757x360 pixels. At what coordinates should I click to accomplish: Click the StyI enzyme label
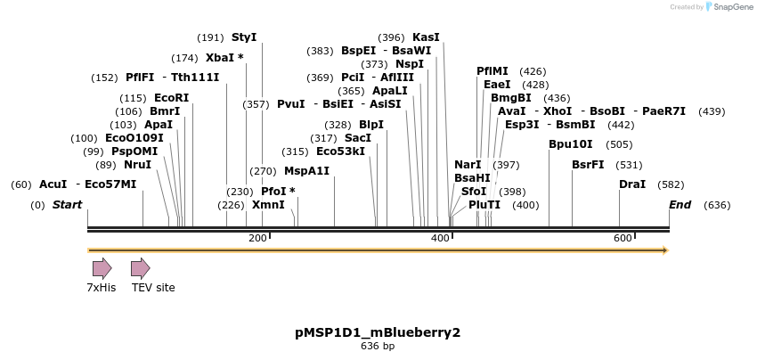pyautogui.click(x=244, y=37)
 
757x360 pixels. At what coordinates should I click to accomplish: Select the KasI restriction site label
pyautogui.click(x=426, y=37)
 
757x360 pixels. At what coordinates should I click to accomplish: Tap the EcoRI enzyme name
pyautogui.click(x=171, y=98)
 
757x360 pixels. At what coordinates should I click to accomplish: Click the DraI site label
pyautogui.click(x=632, y=184)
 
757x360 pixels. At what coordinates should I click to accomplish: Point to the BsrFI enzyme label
pyautogui.click(x=588, y=165)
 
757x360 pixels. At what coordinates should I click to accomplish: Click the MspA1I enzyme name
pyautogui.click(x=306, y=171)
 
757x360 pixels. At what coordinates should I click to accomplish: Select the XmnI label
pyautogui.click(x=268, y=205)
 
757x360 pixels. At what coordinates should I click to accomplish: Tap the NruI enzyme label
pyautogui.click(x=137, y=165)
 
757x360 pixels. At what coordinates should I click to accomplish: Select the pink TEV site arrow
pyautogui.click(x=141, y=268)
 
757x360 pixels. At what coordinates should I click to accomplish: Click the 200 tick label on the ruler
pyautogui.click(x=257, y=238)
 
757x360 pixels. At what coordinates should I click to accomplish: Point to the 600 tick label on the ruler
pyautogui.click(x=623, y=238)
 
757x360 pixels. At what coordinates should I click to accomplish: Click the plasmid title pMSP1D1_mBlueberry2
pyautogui.click(x=378, y=332)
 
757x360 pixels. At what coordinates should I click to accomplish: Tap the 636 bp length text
pyautogui.click(x=378, y=346)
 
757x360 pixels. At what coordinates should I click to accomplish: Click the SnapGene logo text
pyautogui.click(x=729, y=7)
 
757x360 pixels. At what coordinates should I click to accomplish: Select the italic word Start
pyautogui.click(x=67, y=205)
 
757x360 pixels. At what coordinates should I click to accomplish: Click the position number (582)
pyautogui.click(x=671, y=184)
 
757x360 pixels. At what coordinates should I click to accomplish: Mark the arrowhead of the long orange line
pyautogui.click(x=664, y=250)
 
